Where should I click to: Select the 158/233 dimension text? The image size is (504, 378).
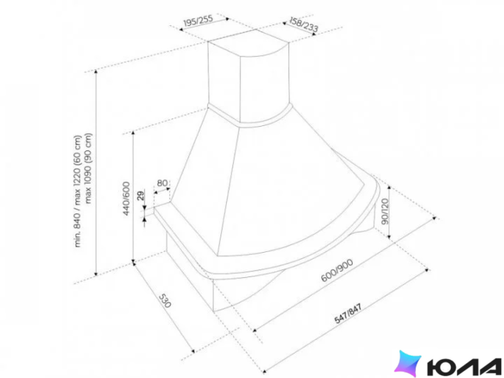(303, 24)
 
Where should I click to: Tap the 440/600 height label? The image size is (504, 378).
(126, 198)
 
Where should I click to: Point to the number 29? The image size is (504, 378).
(141, 196)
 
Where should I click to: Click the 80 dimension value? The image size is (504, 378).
(162, 183)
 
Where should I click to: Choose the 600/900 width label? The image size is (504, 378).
(337, 270)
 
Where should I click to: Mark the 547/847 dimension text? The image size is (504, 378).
(348, 313)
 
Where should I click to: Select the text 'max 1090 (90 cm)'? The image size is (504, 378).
(88, 168)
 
